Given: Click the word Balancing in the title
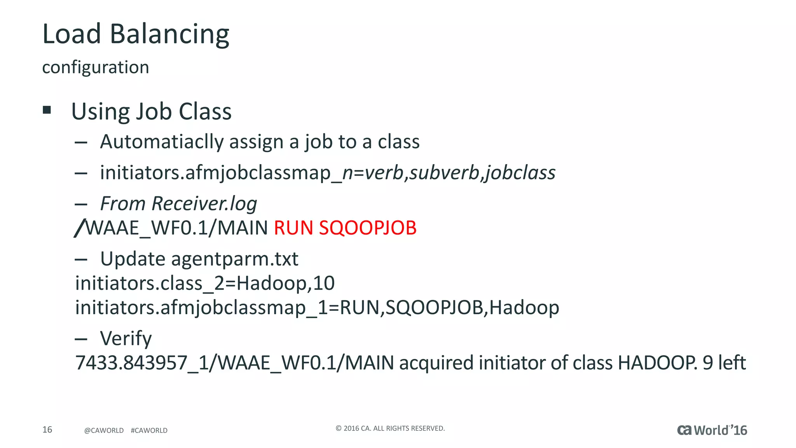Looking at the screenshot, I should point(169,34).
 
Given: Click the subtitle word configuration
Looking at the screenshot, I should point(96,67).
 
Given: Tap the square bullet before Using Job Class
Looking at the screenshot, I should point(47,110).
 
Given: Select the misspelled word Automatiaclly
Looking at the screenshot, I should point(162,142).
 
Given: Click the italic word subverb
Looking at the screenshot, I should point(445,173).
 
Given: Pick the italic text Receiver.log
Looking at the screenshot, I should point(204,204).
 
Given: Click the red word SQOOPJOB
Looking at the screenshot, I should point(368,228).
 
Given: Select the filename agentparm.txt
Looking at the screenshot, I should point(234,259).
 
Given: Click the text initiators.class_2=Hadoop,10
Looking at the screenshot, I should point(205,283).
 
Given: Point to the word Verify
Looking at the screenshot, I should point(126,338).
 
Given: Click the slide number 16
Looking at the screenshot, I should point(47,430).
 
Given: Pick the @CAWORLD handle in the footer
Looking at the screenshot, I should point(104,430).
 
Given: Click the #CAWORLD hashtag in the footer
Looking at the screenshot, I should point(149,430).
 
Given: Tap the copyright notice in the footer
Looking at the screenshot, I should point(390,429).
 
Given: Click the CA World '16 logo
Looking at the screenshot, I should point(712,430).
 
